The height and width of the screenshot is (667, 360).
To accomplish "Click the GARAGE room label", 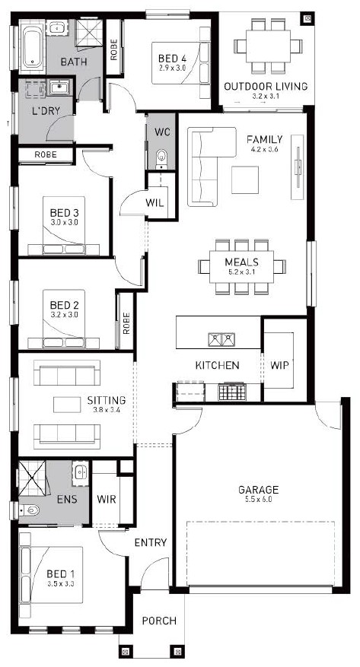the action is tap(258, 490).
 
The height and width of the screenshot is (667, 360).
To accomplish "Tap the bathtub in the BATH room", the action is tap(32, 46).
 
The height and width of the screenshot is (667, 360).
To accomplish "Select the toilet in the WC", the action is tap(161, 158).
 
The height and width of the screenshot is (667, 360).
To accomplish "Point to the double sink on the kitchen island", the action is tap(221, 339).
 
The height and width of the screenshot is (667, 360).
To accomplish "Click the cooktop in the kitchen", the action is tap(232, 392).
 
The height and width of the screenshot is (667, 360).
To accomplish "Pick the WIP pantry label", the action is tap(279, 365).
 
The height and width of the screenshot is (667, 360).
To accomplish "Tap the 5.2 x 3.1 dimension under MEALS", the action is tap(242, 273).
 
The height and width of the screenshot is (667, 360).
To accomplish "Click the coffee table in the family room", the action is tap(245, 179).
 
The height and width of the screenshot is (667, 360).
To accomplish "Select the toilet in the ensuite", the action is tap(29, 510).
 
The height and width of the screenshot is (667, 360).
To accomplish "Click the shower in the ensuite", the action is tap(32, 478).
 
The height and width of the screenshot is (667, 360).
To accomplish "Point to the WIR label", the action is tap(107, 499).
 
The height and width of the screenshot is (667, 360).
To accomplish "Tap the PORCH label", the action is tap(159, 621).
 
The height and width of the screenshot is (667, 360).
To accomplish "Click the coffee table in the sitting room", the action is tap(67, 404).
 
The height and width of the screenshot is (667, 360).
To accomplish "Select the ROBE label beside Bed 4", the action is tap(114, 49).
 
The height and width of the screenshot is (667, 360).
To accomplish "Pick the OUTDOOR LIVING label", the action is tap(266, 87).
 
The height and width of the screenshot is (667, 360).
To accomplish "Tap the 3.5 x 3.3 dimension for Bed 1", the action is tap(60, 584).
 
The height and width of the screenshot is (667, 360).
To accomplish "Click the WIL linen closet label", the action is tap(155, 202).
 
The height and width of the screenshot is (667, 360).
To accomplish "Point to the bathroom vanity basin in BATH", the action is tap(56, 28).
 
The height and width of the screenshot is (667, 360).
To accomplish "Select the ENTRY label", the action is tap(150, 542).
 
